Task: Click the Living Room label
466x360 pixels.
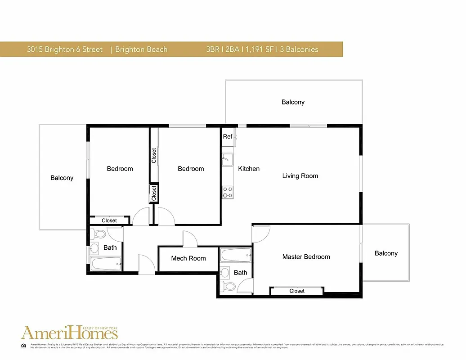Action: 300,176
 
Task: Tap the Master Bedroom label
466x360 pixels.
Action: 306,257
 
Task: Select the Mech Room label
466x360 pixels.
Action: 188,258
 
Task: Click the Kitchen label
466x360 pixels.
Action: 249,169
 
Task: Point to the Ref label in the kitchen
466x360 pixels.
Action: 228,136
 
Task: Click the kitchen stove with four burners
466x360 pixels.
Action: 228,193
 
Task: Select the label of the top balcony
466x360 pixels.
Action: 293,102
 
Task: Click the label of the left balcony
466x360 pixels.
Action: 62,178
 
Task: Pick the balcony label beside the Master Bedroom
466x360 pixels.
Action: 386,253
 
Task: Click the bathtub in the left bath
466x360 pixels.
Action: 106,263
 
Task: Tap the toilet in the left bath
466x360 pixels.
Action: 98,234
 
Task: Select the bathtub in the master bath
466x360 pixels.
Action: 236,256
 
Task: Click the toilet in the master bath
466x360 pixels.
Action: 229,286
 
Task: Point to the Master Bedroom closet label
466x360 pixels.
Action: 297,291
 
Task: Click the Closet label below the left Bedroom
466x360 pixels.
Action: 109,220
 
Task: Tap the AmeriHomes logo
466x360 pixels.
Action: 70,333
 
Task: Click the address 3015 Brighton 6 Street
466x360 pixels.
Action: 65,49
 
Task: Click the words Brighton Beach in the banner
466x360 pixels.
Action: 141,49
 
